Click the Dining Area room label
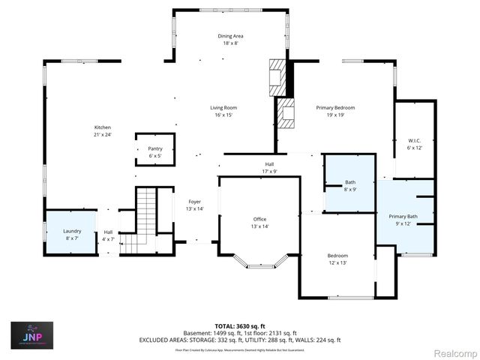(230, 36)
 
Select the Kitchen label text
(102, 127)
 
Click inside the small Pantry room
(155, 149)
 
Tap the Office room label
(259, 219)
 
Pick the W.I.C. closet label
(415, 140)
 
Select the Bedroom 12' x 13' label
(337, 256)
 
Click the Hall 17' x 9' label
(269, 164)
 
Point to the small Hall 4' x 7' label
(108, 232)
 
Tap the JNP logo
(31, 335)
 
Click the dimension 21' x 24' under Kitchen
(102, 135)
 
